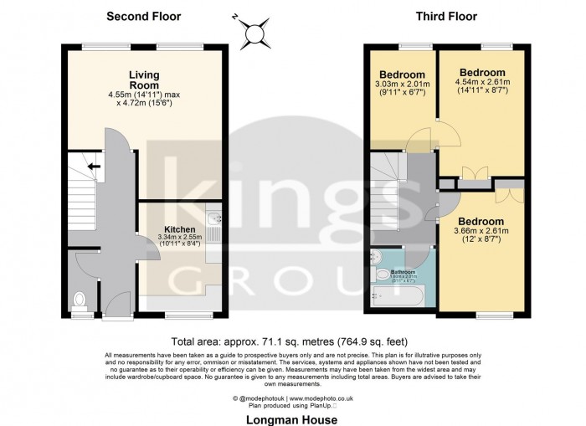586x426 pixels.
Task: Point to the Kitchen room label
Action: (179, 228)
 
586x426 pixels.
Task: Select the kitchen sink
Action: (214, 223)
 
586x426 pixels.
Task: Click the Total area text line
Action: (292, 341)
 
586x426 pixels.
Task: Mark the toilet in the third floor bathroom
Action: (380, 273)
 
